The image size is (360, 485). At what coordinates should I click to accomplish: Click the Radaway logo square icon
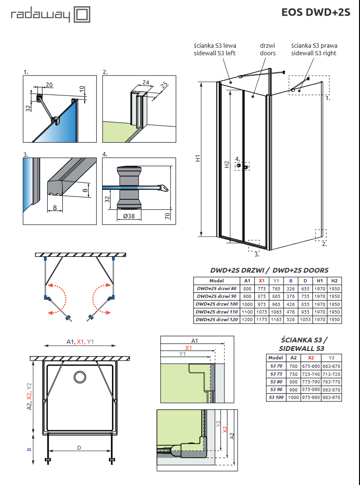pos(81,14)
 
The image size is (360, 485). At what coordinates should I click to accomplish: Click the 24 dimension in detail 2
pos(146,82)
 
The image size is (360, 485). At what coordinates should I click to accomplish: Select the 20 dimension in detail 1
pos(49,85)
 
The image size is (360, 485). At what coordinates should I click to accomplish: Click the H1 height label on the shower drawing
pos(198,159)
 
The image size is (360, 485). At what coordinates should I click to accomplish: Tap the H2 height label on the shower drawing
pos(227,164)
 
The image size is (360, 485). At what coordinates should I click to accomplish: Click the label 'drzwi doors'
pos(267,50)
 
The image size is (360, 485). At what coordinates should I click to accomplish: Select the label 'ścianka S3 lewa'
pos(215,46)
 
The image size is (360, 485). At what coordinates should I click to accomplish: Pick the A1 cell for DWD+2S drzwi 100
pos(247,304)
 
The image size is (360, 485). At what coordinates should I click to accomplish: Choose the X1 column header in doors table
pos(262,281)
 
